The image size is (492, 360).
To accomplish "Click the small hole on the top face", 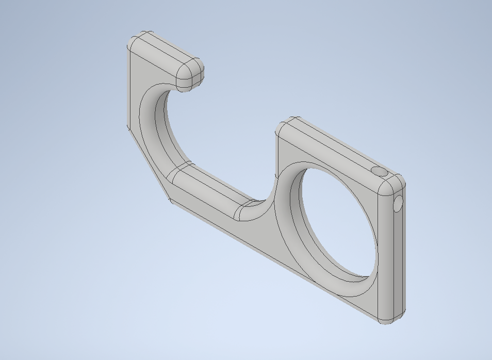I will [x=379, y=171].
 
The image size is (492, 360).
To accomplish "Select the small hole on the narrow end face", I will [x=398, y=205].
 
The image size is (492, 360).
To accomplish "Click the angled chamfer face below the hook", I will [x=147, y=160].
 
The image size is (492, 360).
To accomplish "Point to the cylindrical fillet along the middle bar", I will [x=206, y=191].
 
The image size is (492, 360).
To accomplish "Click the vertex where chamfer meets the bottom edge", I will [x=171, y=201].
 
